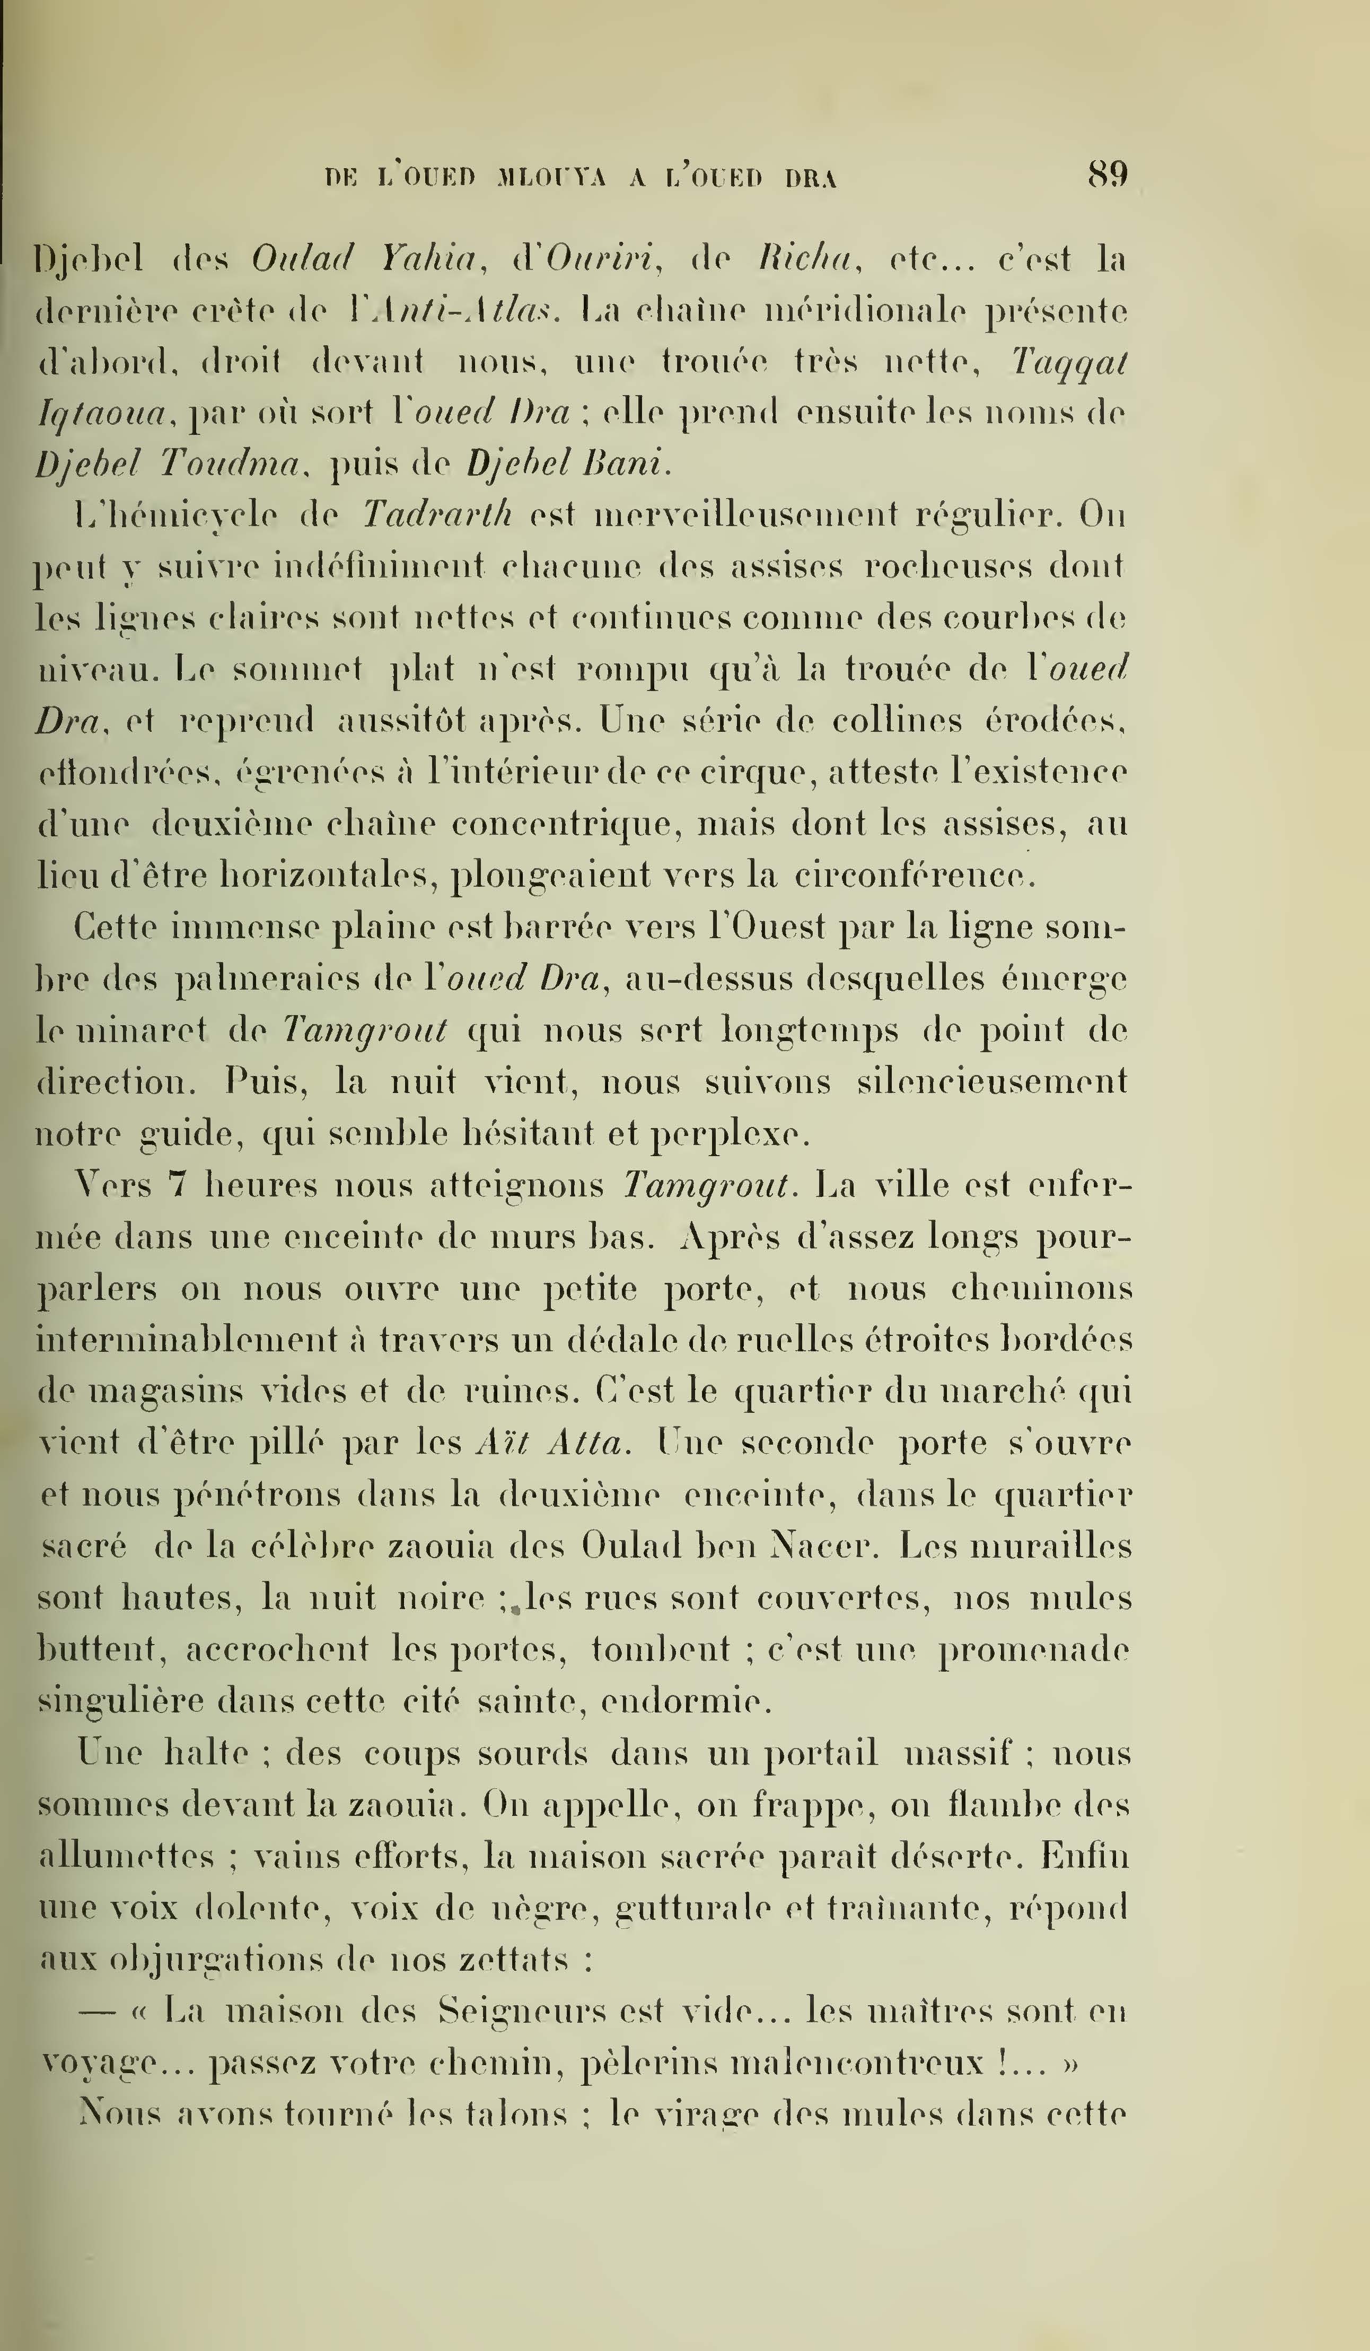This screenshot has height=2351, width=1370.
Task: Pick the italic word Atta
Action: click(586, 1443)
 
